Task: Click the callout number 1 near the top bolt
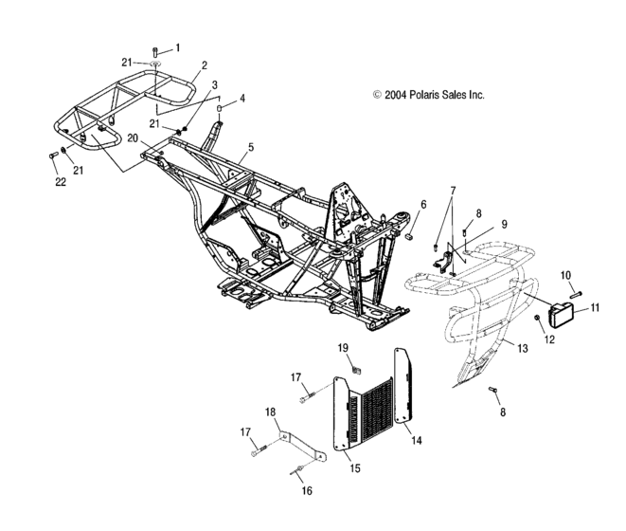(x=176, y=46)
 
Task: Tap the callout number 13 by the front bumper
(x=522, y=348)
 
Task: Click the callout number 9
(x=504, y=224)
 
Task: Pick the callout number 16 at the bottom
(x=305, y=490)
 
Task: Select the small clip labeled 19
(x=360, y=368)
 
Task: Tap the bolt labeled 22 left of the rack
(x=50, y=157)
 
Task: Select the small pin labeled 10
(x=576, y=294)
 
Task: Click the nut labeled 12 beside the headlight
(x=535, y=317)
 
